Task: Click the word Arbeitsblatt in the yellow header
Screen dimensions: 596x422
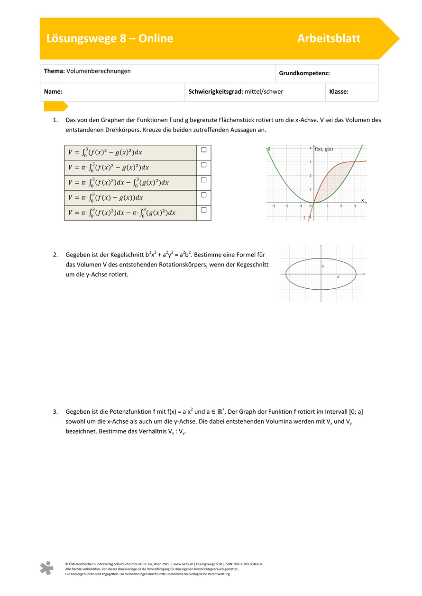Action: [x=329, y=39]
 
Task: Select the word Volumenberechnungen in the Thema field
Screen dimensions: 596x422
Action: [x=99, y=71]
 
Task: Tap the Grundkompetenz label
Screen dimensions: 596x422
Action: [x=304, y=73]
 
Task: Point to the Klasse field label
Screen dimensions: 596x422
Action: [x=339, y=92]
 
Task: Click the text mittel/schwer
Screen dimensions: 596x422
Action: [x=264, y=92]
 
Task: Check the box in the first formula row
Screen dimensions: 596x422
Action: [x=204, y=150]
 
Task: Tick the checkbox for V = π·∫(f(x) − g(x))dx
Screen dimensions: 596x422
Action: [x=204, y=195]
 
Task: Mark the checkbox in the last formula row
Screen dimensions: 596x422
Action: [x=204, y=210]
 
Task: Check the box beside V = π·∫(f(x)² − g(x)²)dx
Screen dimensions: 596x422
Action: [x=204, y=165]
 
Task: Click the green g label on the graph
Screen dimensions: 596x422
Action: [x=269, y=148]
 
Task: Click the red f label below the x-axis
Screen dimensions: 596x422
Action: [x=304, y=218]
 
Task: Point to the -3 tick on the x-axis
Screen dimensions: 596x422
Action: [x=273, y=206]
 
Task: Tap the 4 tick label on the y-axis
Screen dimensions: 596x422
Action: [x=311, y=148]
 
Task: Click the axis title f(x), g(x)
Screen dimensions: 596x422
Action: [x=324, y=149]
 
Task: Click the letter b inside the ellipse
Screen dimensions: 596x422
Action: [x=323, y=267]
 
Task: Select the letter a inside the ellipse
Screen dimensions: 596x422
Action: [x=338, y=276]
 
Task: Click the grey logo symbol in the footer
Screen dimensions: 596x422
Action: [x=46, y=569]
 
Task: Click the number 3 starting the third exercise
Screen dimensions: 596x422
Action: [x=55, y=412]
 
